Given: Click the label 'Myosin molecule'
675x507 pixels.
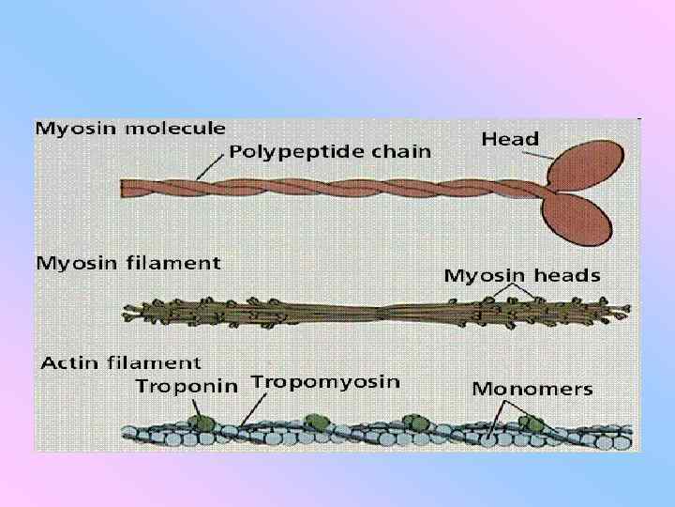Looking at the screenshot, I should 130,128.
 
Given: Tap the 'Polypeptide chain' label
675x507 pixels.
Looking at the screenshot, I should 331,150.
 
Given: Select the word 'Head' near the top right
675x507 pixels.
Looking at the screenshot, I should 510,139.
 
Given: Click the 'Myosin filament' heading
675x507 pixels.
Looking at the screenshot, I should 128,263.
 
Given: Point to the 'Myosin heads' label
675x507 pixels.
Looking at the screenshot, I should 522,275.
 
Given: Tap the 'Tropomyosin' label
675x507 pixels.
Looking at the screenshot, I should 325,382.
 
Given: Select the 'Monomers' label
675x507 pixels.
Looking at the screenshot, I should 532,389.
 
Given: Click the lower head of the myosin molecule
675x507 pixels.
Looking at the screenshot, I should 586,217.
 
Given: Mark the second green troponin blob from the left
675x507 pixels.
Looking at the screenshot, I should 319,422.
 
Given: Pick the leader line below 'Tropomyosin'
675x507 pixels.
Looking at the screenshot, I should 250,409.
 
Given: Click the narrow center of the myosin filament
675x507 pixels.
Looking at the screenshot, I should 380,311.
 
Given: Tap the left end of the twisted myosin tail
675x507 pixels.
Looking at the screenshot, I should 127,188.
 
